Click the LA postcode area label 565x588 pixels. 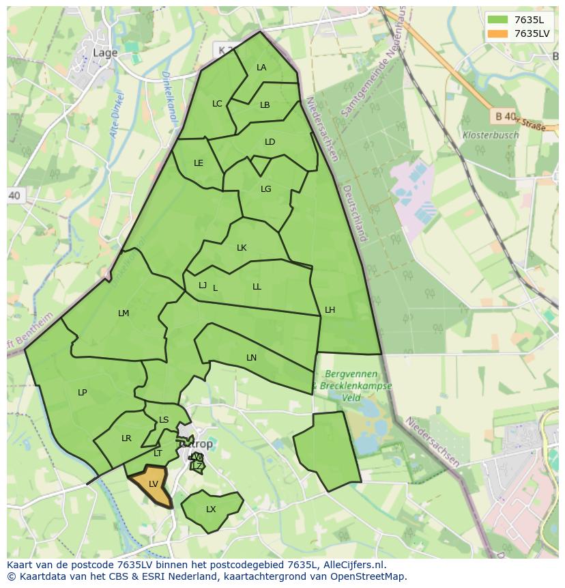click(x=261, y=68)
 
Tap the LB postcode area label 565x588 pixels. click(x=265, y=105)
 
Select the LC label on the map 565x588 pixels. click(x=217, y=104)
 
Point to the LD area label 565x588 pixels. click(x=270, y=142)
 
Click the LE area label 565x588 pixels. click(x=199, y=163)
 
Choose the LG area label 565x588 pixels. click(x=265, y=189)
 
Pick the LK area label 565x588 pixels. click(x=242, y=248)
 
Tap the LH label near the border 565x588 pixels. click(x=330, y=310)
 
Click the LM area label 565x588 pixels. click(x=124, y=313)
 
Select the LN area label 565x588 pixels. click(x=251, y=358)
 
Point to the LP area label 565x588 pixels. click(x=82, y=393)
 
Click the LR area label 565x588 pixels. click(x=126, y=438)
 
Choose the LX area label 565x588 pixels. click(x=211, y=509)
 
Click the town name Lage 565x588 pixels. click(x=104, y=53)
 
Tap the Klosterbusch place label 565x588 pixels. click(x=490, y=135)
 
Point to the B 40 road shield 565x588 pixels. click(x=504, y=117)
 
